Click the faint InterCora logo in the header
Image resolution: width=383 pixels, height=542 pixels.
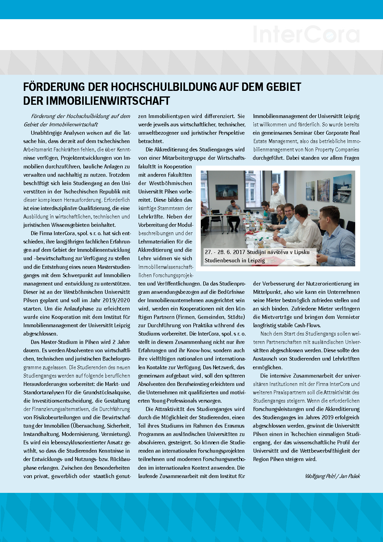pyautogui.click(x=306, y=34)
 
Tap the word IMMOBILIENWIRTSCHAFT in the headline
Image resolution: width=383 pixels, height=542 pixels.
pyautogui.click(x=108, y=101)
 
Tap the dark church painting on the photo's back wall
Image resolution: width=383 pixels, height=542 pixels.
pyautogui.click(x=226, y=192)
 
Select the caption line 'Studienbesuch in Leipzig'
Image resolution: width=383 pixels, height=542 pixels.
pyautogui.click(x=234, y=260)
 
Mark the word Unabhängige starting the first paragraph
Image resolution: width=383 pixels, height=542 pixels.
pyautogui.click(x=45, y=133)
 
